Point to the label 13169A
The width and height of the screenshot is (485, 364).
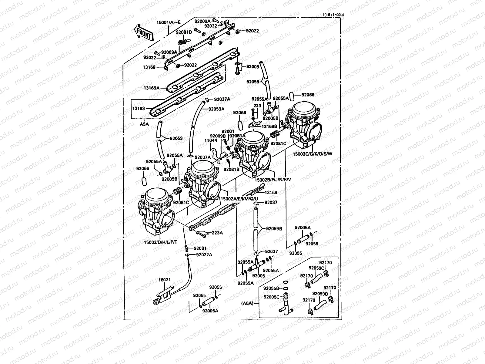[x=153, y=88]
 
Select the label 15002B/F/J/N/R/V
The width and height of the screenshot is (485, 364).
[x=273, y=179]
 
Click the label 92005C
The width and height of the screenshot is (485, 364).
[x=271, y=297]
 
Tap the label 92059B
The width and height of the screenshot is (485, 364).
[x=274, y=229]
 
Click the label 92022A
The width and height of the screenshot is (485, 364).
[x=204, y=254]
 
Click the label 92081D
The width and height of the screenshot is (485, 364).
[x=184, y=32]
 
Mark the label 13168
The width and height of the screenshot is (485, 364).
[x=150, y=67]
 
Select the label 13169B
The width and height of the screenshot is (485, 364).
[x=269, y=126]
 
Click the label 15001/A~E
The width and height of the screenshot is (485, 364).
[x=168, y=22]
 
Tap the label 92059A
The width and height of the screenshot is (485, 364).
[x=216, y=109]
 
